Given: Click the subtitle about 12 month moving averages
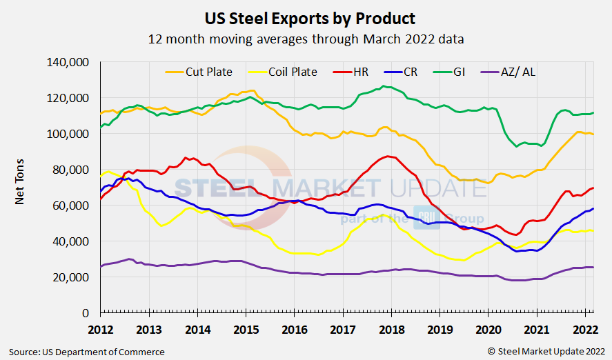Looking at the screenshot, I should pos(306,39).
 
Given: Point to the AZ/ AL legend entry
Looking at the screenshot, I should pos(517,72).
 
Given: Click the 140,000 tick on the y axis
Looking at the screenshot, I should pos(67,62).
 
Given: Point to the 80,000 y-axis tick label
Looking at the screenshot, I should pos(70,170).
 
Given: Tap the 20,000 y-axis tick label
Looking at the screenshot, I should pos(70,277).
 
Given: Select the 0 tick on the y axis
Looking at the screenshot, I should pos(84,313).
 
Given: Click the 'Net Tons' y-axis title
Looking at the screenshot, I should pos(21,187).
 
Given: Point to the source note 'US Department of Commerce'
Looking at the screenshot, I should pos(87,352).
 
